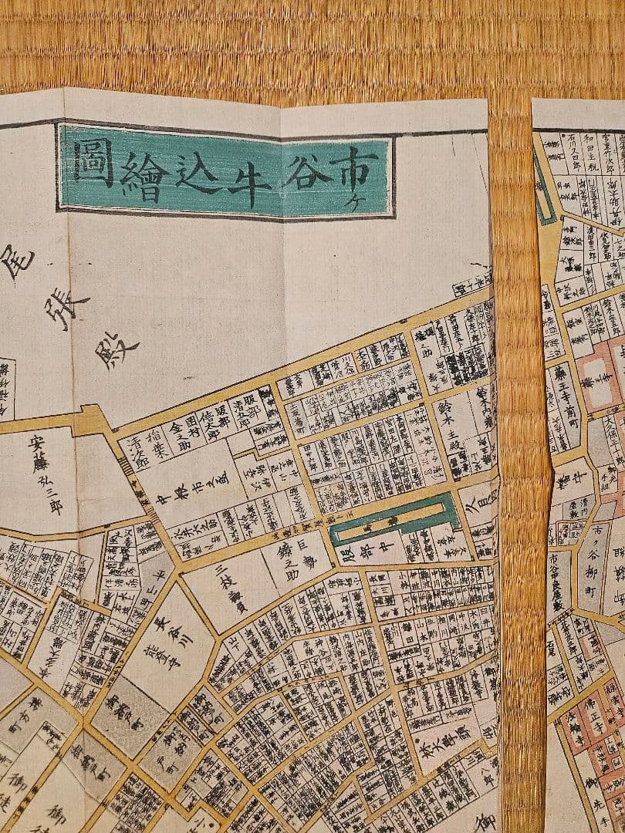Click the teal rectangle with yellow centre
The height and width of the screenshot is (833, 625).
[394, 520]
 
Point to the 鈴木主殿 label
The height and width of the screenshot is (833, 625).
[444, 420]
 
